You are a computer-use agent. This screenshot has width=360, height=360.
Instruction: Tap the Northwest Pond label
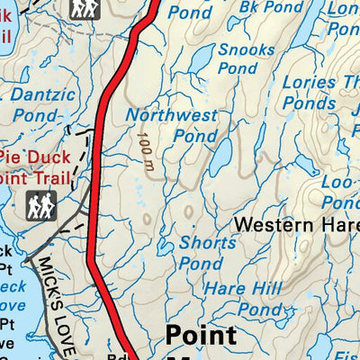point(172,126)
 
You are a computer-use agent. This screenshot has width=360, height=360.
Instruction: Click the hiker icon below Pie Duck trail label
point(40,206)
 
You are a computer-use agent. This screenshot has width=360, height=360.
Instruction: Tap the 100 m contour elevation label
point(145,146)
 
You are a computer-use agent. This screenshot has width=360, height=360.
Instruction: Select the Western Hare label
point(296,224)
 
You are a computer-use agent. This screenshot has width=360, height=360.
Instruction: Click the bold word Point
point(201,336)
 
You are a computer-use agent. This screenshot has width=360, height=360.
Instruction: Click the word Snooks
point(239,49)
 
